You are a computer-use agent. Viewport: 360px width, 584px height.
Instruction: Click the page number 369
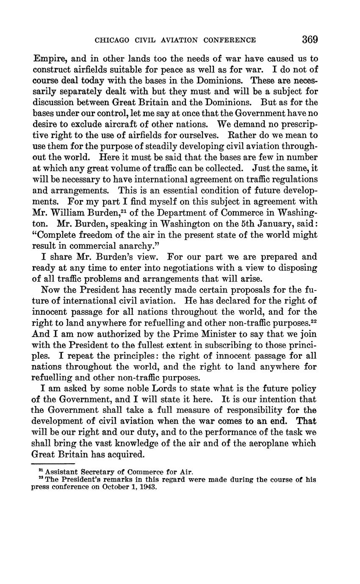pyautogui.click(x=310, y=40)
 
